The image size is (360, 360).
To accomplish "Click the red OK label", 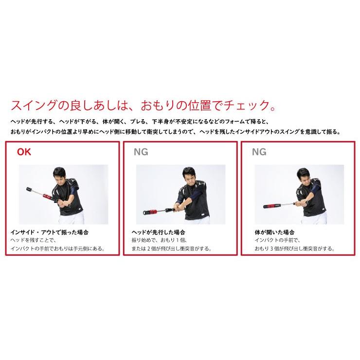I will click(x=24, y=151).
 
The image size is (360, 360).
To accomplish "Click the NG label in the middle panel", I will click(x=141, y=151).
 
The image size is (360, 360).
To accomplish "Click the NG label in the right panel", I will click(x=259, y=151).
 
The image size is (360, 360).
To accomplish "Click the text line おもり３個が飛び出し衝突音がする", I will click(x=294, y=249).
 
